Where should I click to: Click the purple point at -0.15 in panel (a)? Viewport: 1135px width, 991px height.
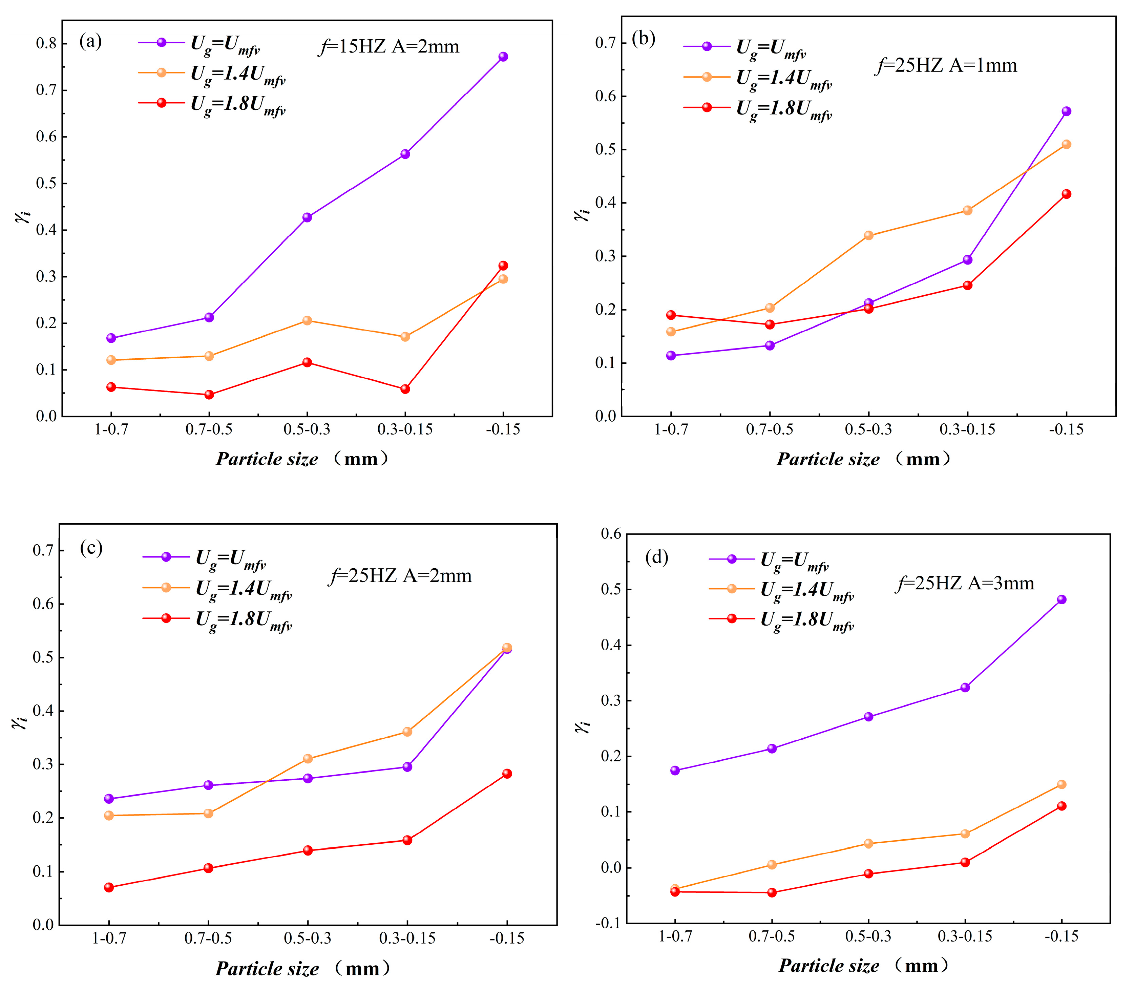pyautogui.click(x=503, y=57)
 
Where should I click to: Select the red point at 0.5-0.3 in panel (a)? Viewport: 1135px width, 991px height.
pyautogui.click(x=307, y=362)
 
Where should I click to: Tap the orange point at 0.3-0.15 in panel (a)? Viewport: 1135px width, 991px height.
pyautogui.click(x=405, y=336)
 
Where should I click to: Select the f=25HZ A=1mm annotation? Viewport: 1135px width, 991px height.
pyautogui.click(x=946, y=66)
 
